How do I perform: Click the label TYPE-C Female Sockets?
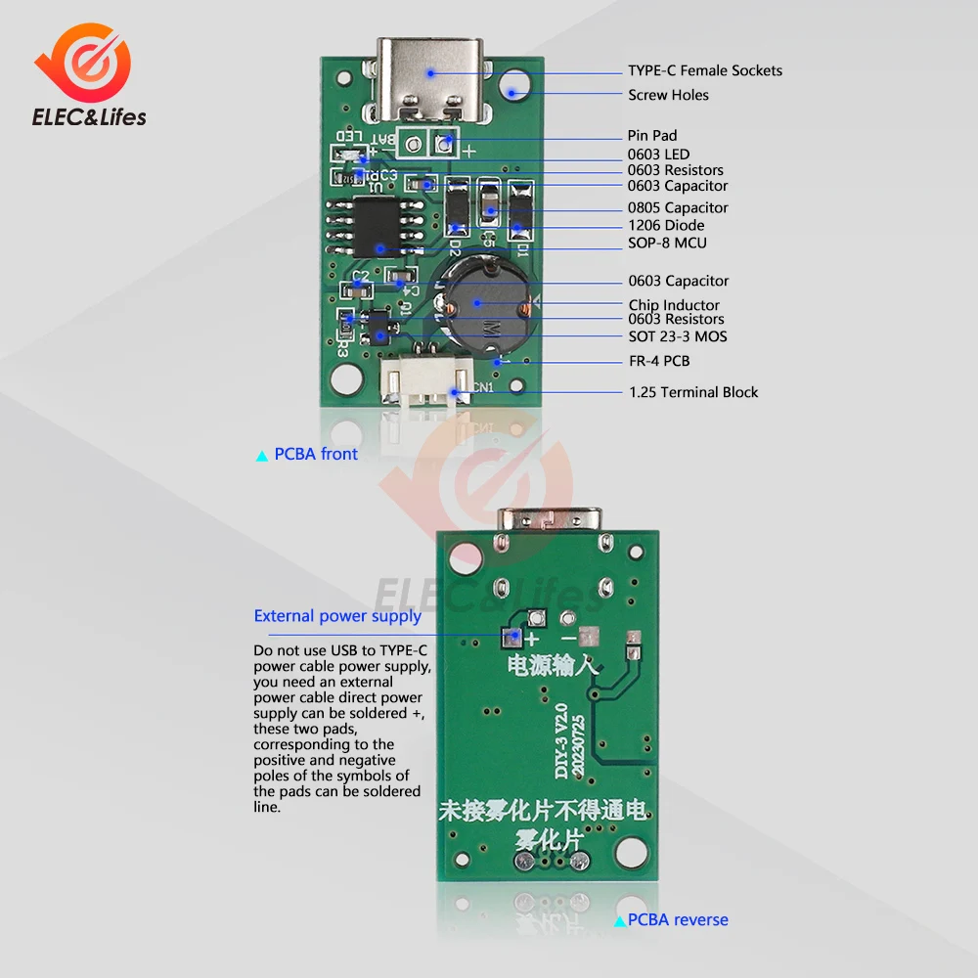coord(704,70)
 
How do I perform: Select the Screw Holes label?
coord(668,95)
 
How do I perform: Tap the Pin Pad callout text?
coord(651,135)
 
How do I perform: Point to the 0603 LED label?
coord(658,154)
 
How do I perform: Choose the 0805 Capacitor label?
coord(678,207)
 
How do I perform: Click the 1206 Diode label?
coord(665,225)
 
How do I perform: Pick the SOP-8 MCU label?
coord(666,243)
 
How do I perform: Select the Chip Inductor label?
coord(673,305)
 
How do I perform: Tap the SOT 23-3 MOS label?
coord(677,336)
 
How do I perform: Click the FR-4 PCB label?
coord(658,361)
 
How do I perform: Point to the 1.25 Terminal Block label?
coord(692,392)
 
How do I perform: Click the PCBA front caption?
coord(315,454)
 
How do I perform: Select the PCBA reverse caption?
coord(677,919)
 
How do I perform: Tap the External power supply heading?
coord(337,615)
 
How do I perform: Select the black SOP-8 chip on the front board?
coord(378,225)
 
